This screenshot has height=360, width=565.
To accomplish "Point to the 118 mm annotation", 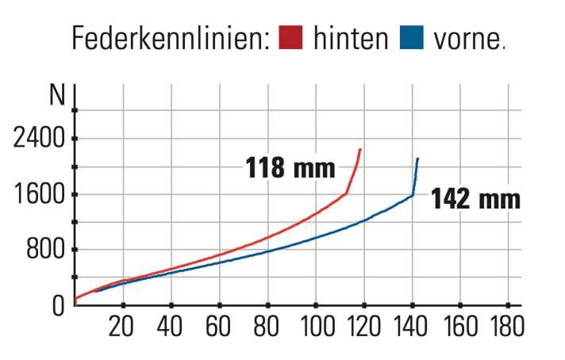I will (x=289, y=168).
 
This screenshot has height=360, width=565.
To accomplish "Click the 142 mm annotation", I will (x=475, y=198).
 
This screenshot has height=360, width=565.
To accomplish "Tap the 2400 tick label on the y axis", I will (x=39, y=139).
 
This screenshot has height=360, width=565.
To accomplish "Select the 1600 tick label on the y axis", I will (x=39, y=194).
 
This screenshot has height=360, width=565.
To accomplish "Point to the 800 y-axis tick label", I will (x=44, y=250).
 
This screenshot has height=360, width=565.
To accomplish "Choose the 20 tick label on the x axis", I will (x=121, y=326).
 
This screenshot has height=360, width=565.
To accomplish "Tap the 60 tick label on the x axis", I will (x=218, y=326).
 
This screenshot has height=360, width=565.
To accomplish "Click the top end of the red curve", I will (x=360, y=149).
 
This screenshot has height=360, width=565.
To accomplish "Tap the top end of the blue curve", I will (x=417, y=159).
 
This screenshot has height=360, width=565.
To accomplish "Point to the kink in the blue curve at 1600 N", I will (x=413, y=195).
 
